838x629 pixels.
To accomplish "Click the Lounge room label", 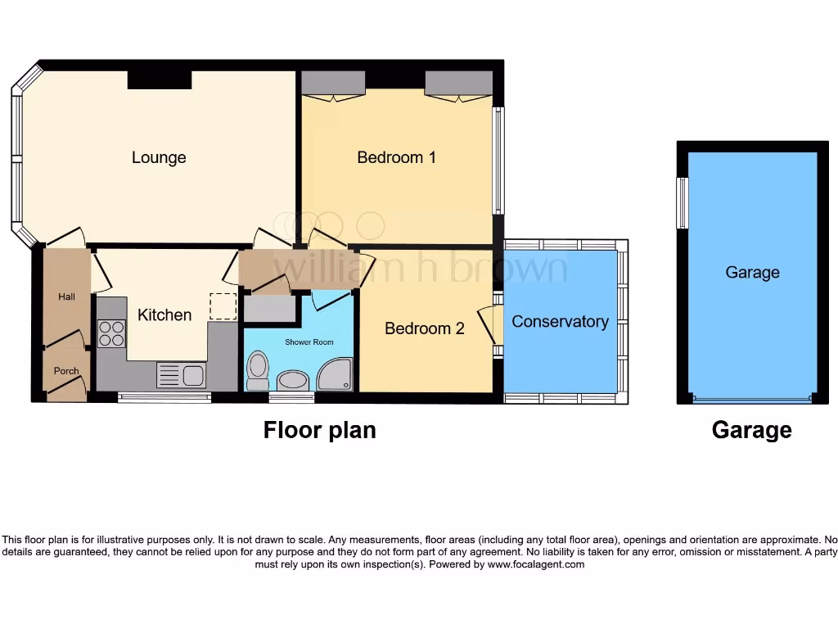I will pos(159,157).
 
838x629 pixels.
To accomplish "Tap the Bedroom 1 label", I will pos(396,157).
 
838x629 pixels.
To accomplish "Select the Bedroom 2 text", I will pos(424,328).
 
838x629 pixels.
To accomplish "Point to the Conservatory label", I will pos(560,321).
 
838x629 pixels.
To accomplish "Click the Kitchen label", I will pos(164,314).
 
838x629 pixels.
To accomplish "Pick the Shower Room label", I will pos(309,342).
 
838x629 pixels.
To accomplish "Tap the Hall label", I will pos(66,296).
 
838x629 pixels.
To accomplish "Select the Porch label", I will pos(66,371).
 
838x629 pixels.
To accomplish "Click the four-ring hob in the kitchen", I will pos(111,333).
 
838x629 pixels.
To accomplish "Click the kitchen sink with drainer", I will pos(181,375).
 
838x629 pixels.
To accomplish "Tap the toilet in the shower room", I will pos(257,371).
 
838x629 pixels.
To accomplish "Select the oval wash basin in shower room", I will pos(293,380).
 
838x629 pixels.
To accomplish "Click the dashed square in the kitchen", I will pos(222,306).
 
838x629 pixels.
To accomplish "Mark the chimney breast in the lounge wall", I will pos(160,79).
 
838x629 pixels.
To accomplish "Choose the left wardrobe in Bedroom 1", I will pos(333,84).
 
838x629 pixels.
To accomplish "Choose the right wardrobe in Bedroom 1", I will pos(457,84).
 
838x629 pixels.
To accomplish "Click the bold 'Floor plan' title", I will pos(319,430).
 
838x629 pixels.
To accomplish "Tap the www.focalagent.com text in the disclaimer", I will pos(537,564).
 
